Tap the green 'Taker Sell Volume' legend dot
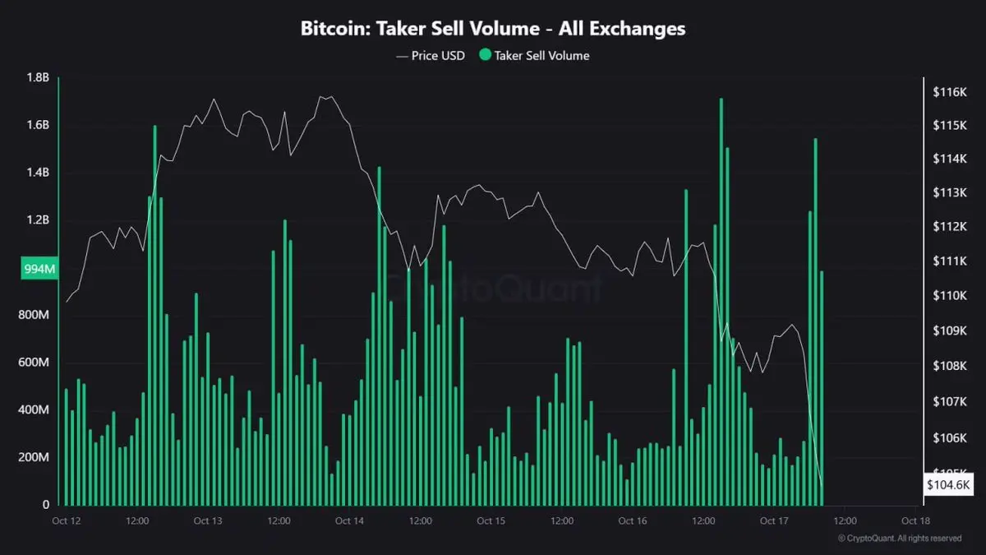point(485,56)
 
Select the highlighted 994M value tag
point(39,268)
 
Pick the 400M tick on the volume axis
point(35,409)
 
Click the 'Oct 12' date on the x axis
point(66,520)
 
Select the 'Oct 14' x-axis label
point(349,520)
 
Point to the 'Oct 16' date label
point(632,520)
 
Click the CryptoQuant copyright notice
point(900,539)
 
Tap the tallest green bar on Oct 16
point(721,304)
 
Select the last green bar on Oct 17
point(822,386)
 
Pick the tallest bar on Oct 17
point(816,321)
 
